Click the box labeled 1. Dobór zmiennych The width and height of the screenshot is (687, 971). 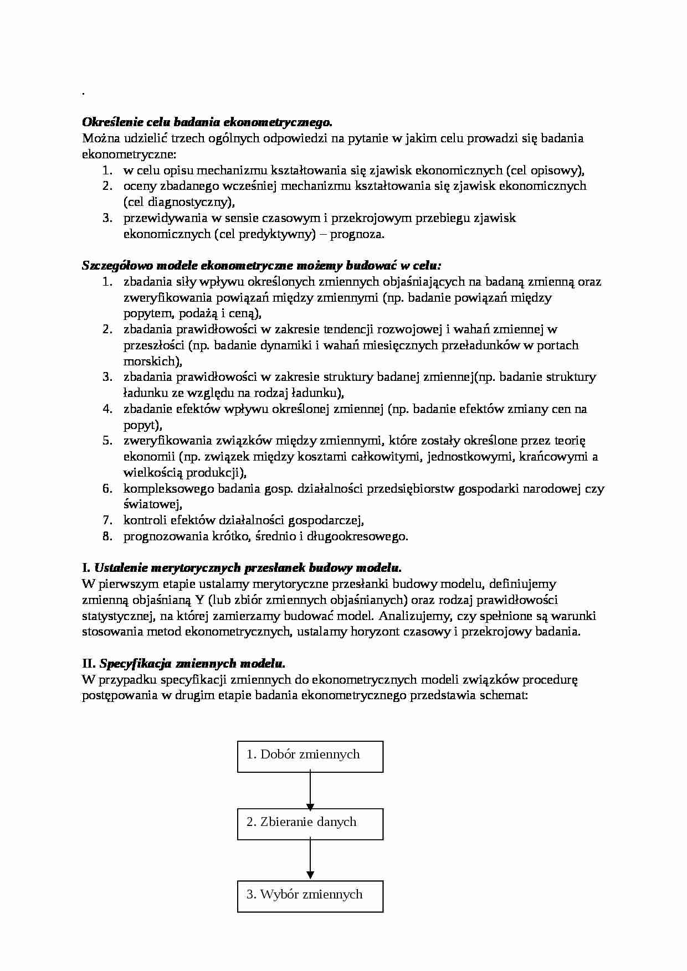310,757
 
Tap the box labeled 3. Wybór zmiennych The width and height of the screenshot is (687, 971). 310,896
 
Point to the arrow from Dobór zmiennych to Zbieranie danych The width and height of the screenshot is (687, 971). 310,791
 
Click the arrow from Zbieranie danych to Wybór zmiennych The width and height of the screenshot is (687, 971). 310,860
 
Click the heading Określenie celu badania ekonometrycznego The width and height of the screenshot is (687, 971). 207,122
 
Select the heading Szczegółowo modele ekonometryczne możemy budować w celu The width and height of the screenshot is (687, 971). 262,265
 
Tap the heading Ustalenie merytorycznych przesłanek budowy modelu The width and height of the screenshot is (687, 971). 248,567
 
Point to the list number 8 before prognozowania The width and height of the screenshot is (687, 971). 107,536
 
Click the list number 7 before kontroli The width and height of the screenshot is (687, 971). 107,520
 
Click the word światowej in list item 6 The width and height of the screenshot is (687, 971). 151,504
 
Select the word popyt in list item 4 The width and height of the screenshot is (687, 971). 140,425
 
